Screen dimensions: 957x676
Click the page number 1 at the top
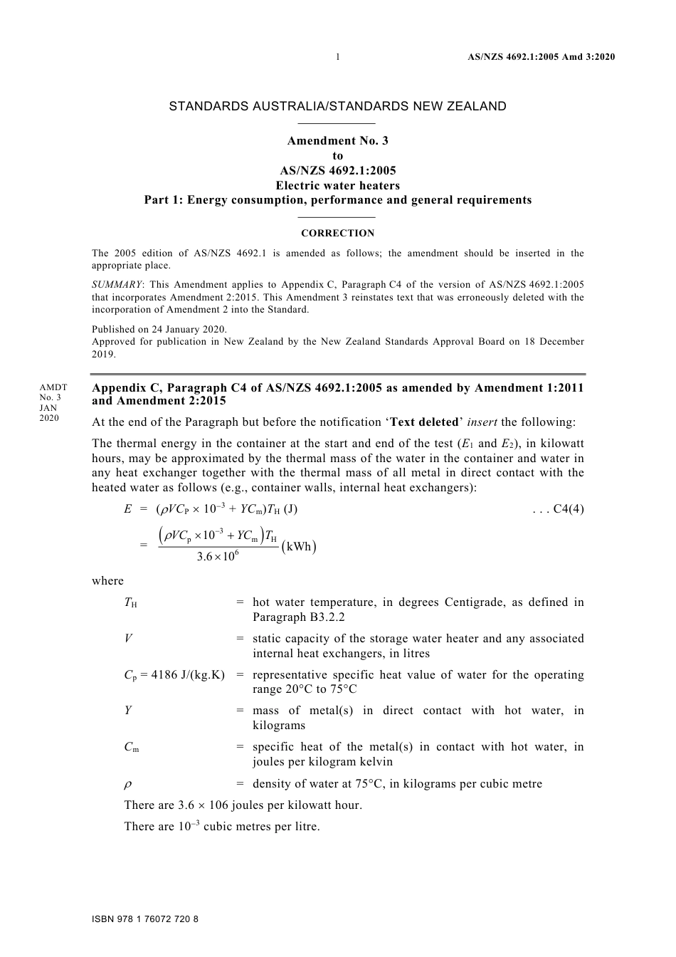337,57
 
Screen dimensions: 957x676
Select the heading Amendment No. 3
337,141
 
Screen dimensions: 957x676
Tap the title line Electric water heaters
337,185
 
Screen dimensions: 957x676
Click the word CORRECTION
337,233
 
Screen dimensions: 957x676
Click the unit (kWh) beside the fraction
299,547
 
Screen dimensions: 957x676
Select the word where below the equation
107,580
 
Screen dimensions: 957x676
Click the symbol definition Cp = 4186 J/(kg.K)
174,675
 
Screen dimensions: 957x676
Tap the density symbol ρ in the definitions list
128,784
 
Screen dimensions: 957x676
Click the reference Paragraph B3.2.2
298,617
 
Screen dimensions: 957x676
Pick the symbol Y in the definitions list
128,711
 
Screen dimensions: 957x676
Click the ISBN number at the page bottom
145,919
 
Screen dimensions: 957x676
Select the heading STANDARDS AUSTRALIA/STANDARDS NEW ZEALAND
337,106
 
